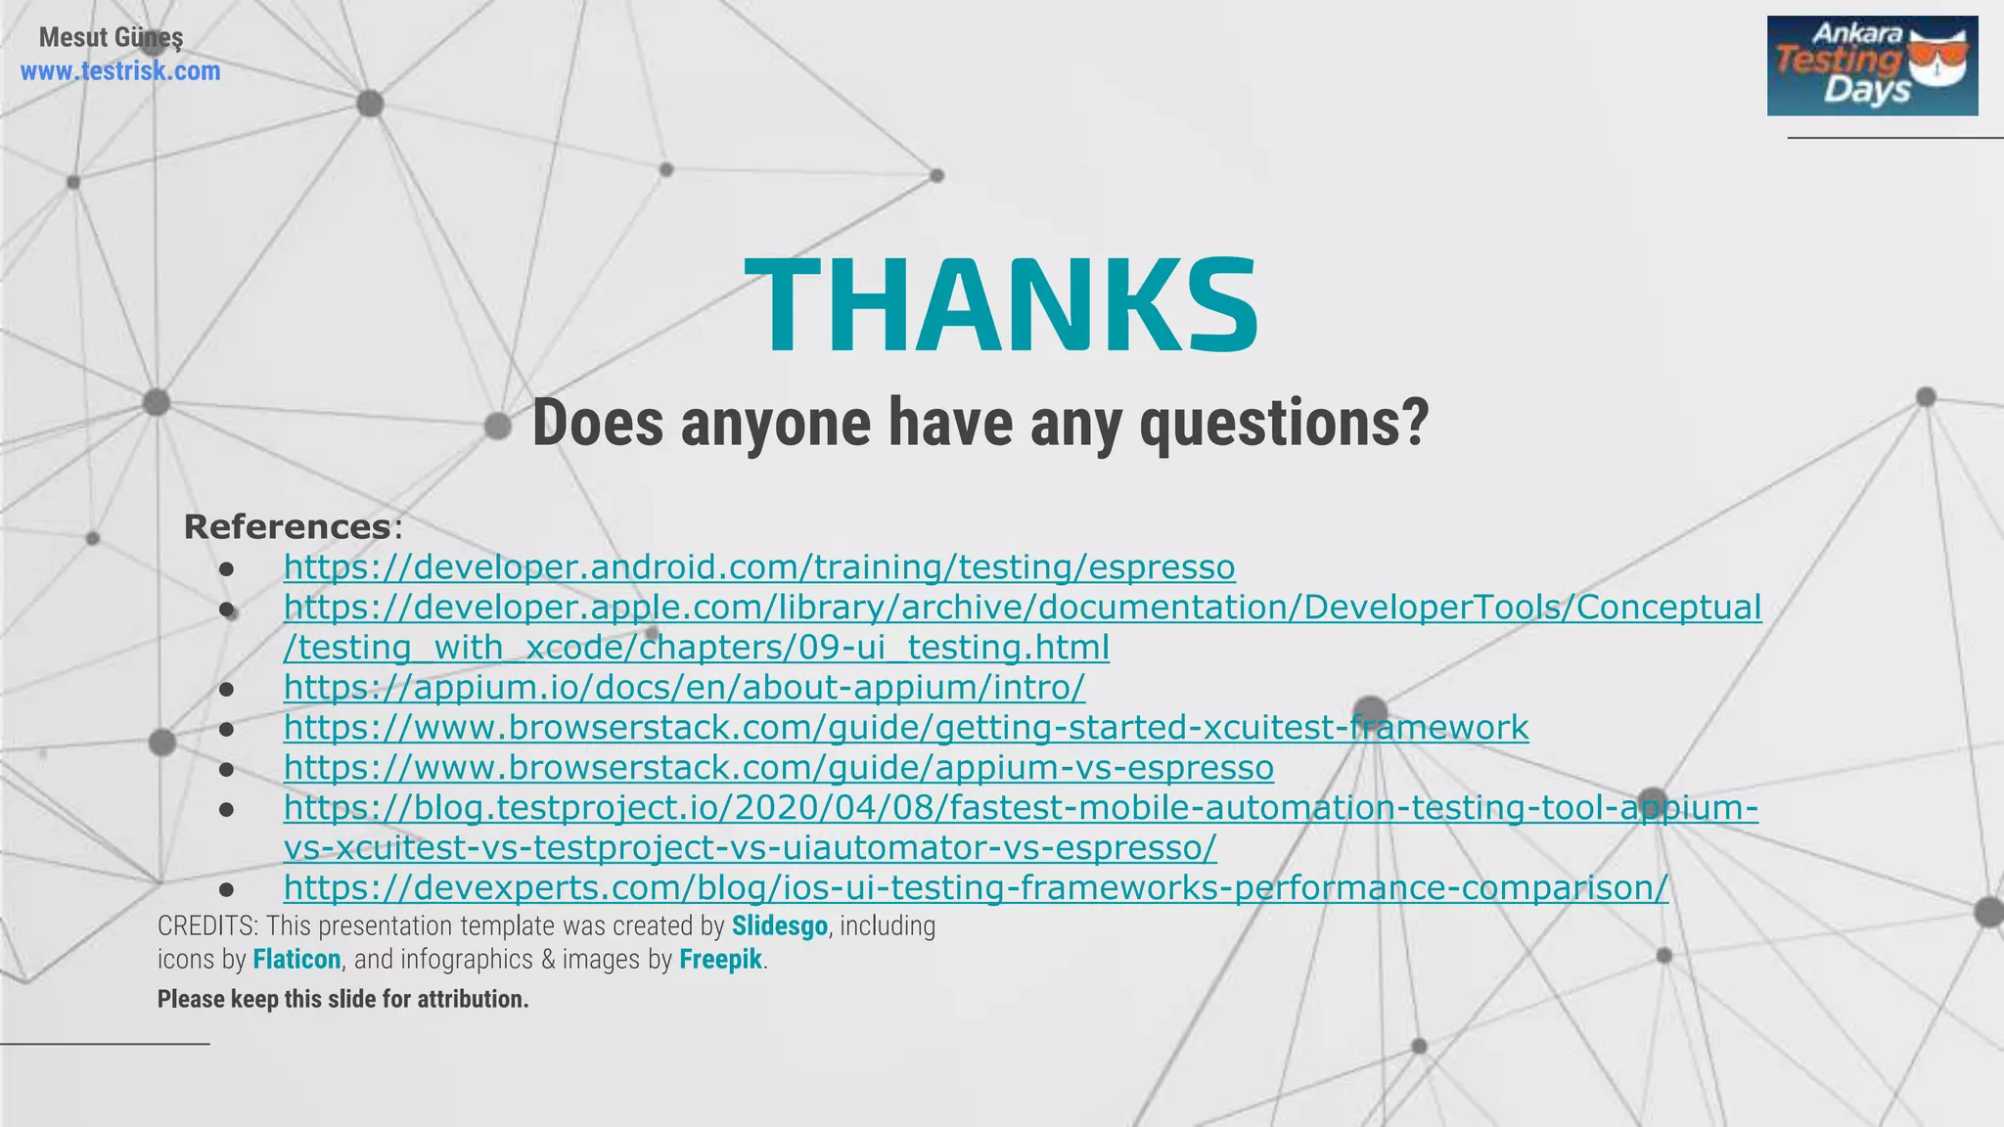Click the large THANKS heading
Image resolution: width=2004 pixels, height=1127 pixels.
coord(1001,305)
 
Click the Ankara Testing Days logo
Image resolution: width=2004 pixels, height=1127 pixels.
coord(1871,66)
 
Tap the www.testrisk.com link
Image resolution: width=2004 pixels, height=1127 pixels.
coord(120,71)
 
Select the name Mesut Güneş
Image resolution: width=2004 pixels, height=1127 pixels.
coord(111,37)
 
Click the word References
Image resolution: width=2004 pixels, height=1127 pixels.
coord(288,526)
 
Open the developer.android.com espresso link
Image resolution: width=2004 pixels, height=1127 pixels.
coord(759,567)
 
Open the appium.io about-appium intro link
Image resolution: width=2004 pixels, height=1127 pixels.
coord(684,688)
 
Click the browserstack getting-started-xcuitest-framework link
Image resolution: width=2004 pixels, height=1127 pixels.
coord(905,728)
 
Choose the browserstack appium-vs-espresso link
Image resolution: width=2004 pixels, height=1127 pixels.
coord(778,768)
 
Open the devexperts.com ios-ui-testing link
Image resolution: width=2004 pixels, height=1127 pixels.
coord(976,888)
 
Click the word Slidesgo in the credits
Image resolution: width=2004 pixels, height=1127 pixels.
coord(779,925)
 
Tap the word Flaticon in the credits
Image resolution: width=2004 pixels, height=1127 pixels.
coord(296,959)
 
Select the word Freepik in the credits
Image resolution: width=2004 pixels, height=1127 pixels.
coord(720,959)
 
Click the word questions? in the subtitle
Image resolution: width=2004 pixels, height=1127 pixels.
coord(1284,424)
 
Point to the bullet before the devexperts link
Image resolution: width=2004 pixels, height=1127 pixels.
coord(227,889)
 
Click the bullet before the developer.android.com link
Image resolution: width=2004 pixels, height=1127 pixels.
coord(227,568)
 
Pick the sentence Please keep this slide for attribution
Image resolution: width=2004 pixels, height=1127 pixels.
coord(342,999)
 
